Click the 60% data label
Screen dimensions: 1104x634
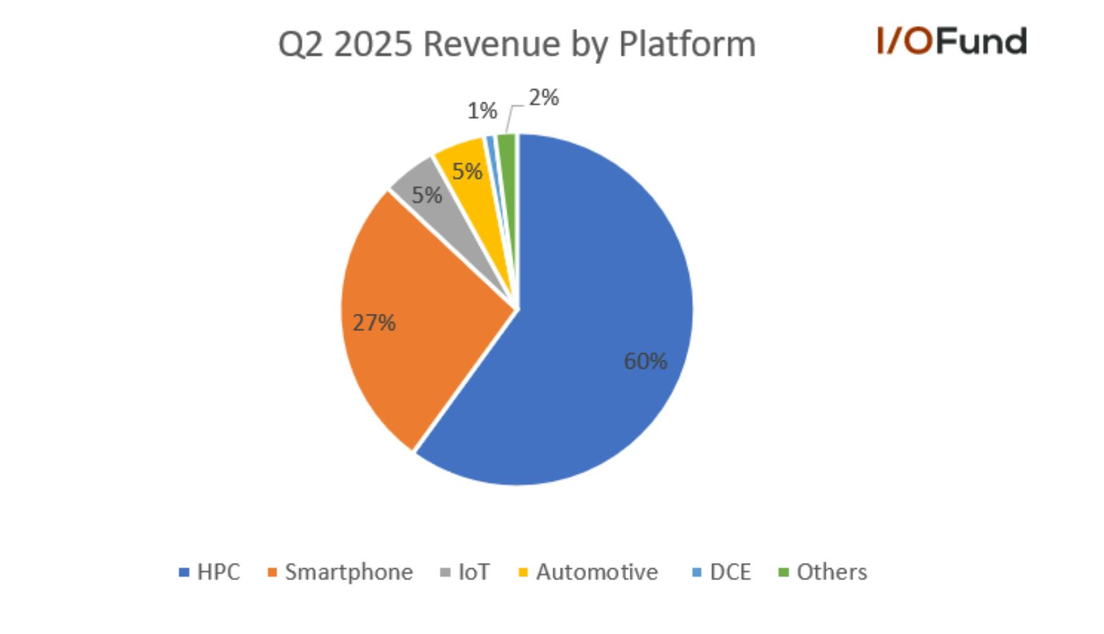(x=645, y=361)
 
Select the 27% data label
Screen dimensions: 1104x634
(x=374, y=323)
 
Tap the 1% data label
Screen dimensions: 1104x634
(x=482, y=111)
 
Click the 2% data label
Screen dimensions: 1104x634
(x=544, y=97)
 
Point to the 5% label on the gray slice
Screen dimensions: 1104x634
(x=427, y=195)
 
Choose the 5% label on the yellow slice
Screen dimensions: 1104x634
(x=467, y=171)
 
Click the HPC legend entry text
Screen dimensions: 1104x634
(x=218, y=572)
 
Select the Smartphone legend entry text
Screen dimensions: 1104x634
(x=349, y=572)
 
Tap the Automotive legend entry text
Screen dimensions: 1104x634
(x=597, y=572)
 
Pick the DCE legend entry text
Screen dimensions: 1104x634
(x=731, y=572)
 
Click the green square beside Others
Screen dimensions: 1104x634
(x=784, y=573)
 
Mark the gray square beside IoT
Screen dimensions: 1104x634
(x=446, y=573)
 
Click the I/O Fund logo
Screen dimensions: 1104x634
(x=952, y=41)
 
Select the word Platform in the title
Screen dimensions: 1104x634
(x=687, y=44)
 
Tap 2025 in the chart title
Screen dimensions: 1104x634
(x=373, y=44)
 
